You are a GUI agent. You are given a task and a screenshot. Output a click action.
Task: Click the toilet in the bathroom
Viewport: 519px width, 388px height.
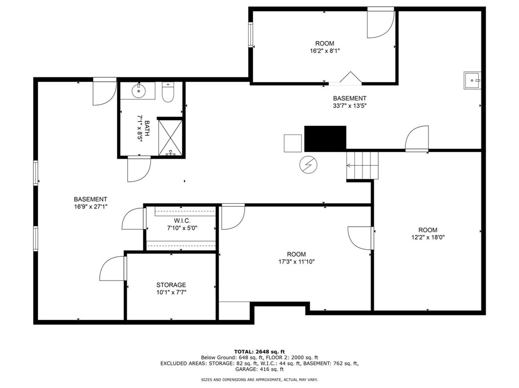coord(168,92)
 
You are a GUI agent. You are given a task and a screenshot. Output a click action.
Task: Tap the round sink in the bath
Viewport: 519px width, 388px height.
coord(137,91)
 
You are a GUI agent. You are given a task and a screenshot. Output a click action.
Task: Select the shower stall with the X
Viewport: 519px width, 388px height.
coord(170,137)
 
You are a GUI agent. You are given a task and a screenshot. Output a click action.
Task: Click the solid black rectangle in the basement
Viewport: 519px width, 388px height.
coord(325,138)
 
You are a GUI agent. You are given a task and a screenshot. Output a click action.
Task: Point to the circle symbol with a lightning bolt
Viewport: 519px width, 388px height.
coord(308,164)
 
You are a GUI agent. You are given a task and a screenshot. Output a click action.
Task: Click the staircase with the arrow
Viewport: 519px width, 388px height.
coord(362,165)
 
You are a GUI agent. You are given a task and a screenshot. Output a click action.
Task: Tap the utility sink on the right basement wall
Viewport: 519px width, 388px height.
coord(472,80)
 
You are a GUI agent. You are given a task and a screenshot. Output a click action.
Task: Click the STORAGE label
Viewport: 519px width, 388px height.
coord(171,285)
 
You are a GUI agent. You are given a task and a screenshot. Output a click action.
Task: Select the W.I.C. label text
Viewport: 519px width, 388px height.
coord(182,221)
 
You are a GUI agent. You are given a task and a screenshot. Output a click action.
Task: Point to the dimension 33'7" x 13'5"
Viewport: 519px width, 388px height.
coord(350,106)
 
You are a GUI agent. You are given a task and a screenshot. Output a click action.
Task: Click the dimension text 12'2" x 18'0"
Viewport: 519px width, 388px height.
coord(428,238)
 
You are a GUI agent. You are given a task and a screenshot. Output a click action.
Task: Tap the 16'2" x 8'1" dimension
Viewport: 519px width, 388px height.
coord(325,51)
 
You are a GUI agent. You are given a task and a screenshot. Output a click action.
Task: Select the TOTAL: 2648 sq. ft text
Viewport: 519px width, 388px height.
coord(259,352)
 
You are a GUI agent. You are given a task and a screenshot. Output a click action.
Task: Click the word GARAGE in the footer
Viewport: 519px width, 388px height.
coord(246,369)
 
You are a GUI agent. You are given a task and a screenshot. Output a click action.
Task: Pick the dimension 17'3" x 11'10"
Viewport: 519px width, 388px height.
coord(296,262)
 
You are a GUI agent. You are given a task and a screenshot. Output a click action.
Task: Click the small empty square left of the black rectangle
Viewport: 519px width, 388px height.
coord(293,143)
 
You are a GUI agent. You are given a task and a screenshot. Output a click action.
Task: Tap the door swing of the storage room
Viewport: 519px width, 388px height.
coord(113,268)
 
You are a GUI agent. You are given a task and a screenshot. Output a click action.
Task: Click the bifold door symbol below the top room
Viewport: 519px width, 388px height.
coord(350,77)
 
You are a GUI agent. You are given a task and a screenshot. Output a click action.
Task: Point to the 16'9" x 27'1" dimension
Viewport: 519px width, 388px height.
coord(91,207)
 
